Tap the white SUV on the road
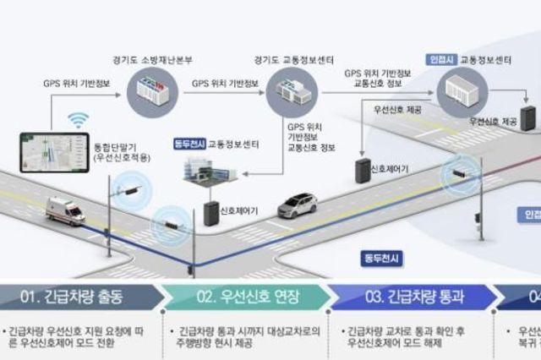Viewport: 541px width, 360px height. pos(297,205)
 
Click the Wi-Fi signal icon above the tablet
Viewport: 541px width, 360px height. pos(78,120)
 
